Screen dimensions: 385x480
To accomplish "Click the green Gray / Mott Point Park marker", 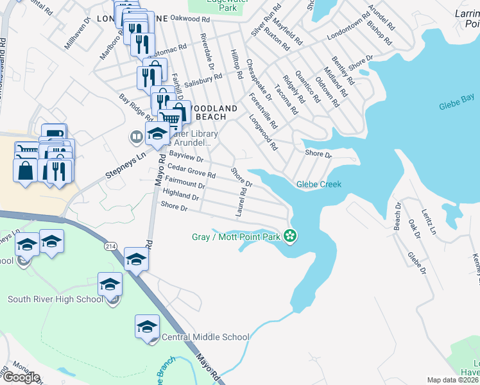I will click(x=290, y=237).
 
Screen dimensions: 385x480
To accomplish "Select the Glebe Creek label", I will click(x=318, y=184).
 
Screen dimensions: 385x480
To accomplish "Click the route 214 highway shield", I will click(x=110, y=246).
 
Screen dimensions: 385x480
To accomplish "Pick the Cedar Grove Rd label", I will click(x=192, y=171).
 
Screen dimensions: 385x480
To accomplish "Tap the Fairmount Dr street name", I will click(x=185, y=182).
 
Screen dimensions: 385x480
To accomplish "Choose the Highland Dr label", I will click(x=180, y=194).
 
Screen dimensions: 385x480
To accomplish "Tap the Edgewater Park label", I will click(x=222, y=4).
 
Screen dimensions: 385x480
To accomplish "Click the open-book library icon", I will click(x=136, y=136).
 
